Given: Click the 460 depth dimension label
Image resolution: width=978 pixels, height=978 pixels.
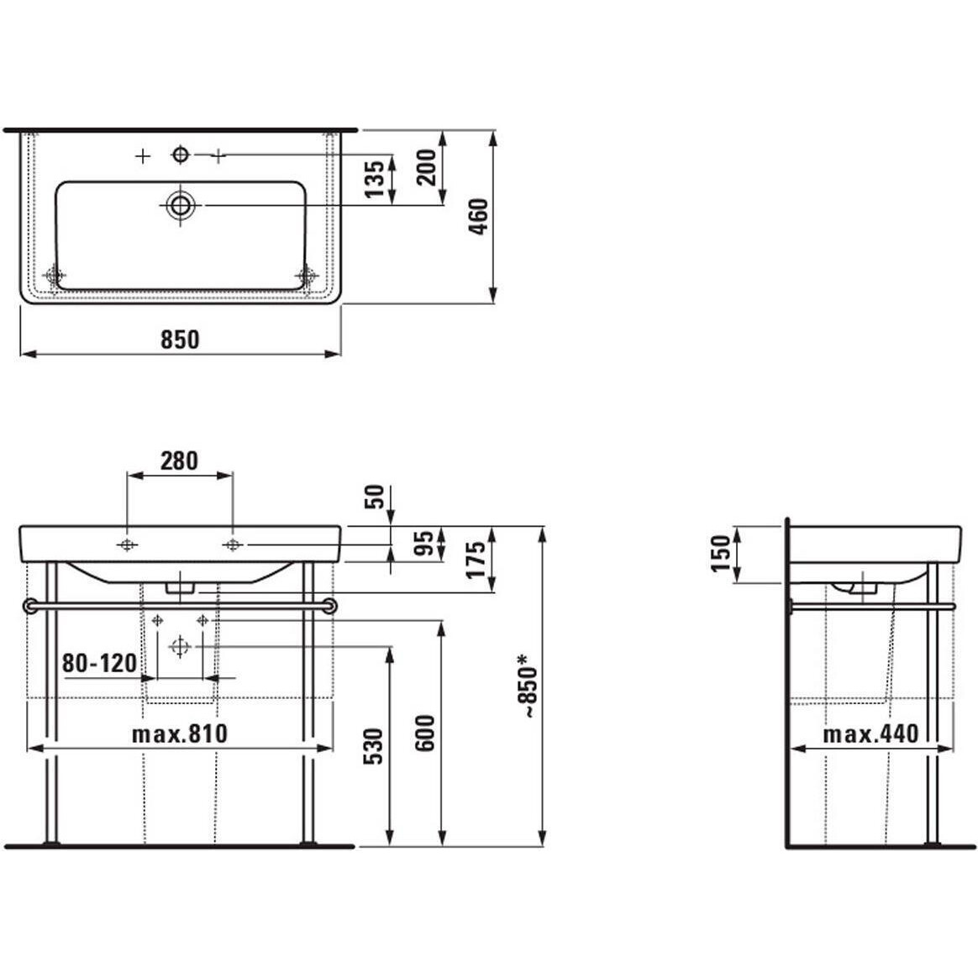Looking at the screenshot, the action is [x=478, y=217].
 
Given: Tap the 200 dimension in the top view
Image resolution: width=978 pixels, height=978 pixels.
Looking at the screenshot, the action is [x=428, y=167].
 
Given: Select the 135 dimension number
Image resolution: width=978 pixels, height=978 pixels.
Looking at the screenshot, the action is [x=375, y=180].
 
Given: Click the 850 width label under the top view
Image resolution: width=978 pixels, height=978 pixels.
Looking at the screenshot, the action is [x=181, y=339].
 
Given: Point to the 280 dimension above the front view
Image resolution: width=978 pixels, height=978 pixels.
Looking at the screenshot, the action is [x=180, y=461].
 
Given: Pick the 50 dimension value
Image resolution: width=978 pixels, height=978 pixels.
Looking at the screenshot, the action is [x=375, y=497].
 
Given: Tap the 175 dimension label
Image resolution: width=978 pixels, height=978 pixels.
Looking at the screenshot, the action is [x=476, y=560].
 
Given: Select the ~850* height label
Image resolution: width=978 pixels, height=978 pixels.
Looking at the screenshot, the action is [x=527, y=686].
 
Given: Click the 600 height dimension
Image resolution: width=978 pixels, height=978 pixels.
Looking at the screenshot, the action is [x=425, y=733].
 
